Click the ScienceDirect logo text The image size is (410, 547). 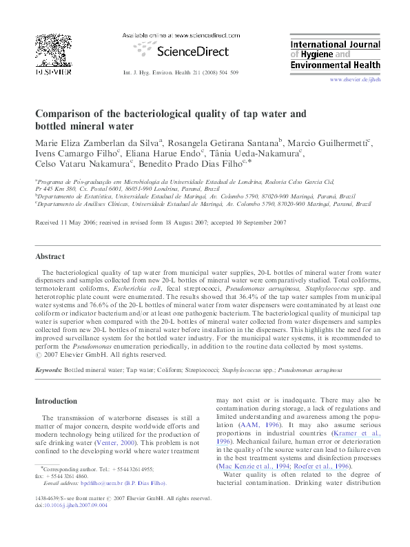pos(185,50)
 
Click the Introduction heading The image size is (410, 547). pos(57,401)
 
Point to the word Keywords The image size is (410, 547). pos(48,370)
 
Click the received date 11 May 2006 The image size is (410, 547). pos(78,223)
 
